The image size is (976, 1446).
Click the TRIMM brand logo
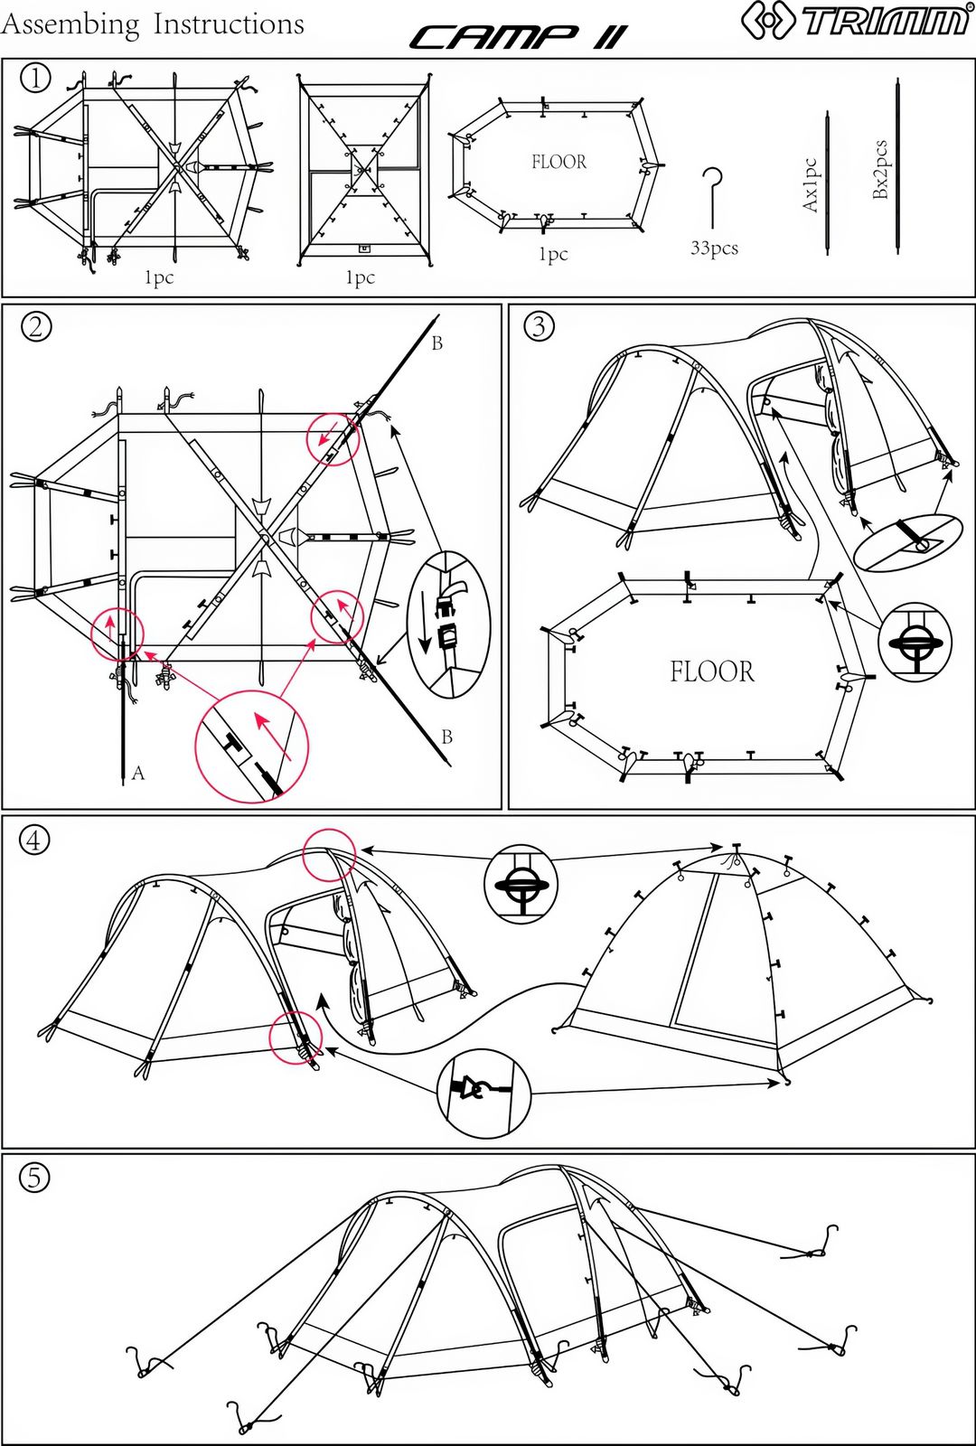point(855,20)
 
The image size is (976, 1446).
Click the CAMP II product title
point(517,37)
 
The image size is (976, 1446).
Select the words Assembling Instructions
point(152,24)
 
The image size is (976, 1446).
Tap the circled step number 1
point(35,79)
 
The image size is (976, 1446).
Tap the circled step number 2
point(36,326)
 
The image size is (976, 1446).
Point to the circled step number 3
point(540,326)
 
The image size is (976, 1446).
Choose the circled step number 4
point(34,840)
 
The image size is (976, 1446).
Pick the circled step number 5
point(34,1178)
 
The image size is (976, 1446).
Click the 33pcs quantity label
point(714,248)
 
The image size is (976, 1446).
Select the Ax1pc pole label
point(810,185)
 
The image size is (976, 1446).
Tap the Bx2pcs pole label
point(880,169)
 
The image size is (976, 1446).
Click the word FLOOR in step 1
point(558,162)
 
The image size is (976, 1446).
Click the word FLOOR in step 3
point(711,671)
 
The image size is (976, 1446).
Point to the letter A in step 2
point(138,773)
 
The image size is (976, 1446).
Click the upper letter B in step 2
point(437,343)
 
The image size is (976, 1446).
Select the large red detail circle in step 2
point(251,746)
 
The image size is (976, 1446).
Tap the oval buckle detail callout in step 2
point(448,624)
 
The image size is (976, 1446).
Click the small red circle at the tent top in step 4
point(329,855)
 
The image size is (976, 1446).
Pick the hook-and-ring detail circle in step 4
point(483,1093)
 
